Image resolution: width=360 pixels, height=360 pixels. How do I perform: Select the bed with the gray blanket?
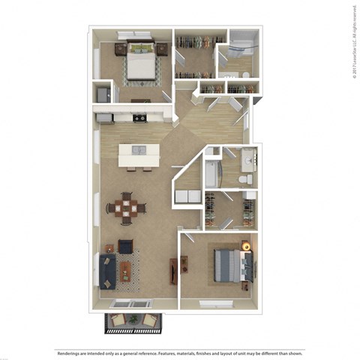pos(228,265)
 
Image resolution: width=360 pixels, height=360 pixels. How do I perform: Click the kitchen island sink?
pos(139,150)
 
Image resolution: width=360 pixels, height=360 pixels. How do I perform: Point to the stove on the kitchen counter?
pos(139,117)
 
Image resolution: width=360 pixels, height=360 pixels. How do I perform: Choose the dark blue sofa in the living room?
pos(106,271)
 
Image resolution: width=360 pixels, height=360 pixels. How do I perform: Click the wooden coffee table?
pos(125,271)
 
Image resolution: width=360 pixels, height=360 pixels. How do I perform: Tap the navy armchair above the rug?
pos(126,246)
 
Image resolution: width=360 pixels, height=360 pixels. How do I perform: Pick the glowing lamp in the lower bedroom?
pos(245,245)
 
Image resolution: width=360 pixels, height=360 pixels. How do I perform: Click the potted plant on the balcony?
pos(133,319)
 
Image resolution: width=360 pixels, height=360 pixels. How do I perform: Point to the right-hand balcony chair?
pos(151,321)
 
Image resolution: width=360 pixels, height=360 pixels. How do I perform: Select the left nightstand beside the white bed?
pos(120,49)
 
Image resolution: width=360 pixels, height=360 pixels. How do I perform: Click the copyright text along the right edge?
pos(353,40)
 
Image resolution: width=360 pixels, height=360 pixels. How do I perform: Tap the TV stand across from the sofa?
pos(174,270)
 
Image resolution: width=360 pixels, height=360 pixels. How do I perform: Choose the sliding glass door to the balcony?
pos(132,304)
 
